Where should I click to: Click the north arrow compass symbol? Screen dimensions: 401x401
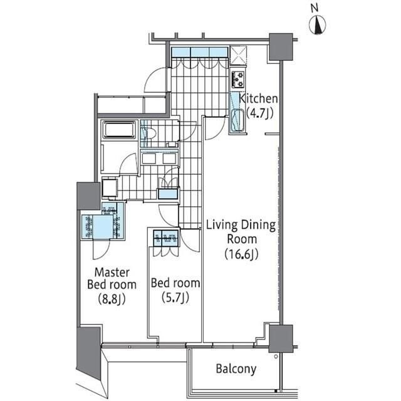tap(319, 25)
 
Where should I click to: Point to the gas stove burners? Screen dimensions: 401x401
tap(238, 79)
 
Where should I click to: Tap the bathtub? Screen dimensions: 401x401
tap(118, 130)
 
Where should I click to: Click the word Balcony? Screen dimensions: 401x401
tap(236, 368)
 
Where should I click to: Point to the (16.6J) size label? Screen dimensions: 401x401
tap(241, 254)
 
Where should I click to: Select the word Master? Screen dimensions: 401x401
tap(112, 272)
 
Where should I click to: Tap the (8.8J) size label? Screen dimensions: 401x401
tap(112, 299)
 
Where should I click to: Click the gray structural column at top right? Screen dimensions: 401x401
tap(280, 47)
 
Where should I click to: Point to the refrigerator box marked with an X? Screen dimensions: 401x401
tap(239, 55)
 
